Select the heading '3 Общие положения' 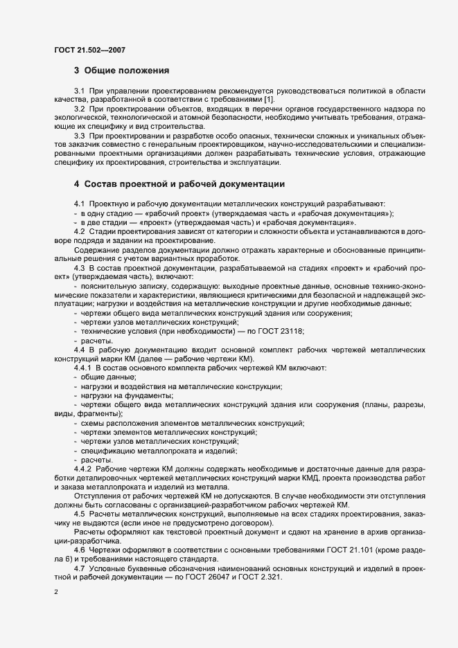pos(121,71)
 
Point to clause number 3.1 pos(80,91)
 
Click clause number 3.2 pos(80,109)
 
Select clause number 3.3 pos(80,136)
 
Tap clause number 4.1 pos(80,204)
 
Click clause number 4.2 pos(80,231)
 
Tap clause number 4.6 pos(80,548)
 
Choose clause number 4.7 pos(80,567)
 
